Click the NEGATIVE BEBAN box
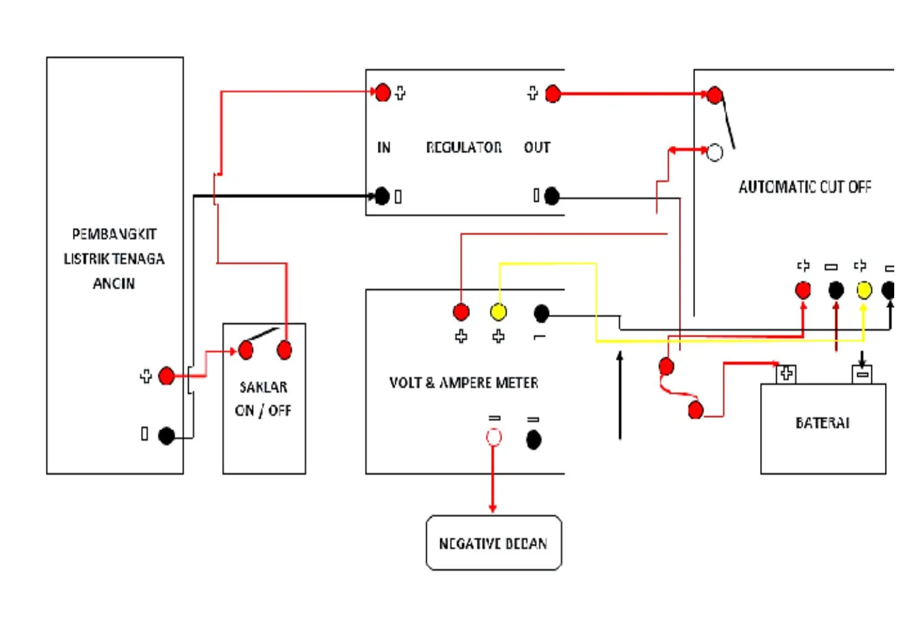click(x=493, y=543)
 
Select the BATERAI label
click(x=822, y=423)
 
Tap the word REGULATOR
click(x=464, y=147)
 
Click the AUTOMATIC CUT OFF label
click(x=805, y=187)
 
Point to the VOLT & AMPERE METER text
click(x=463, y=383)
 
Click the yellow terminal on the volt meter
click(x=498, y=312)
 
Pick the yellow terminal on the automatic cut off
click(x=864, y=289)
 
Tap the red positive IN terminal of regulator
click(x=383, y=93)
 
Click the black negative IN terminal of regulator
click(x=382, y=196)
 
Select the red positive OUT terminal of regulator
click(x=553, y=94)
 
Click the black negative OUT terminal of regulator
click(x=552, y=196)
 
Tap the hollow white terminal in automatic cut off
click(x=714, y=152)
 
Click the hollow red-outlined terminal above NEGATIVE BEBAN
click(x=493, y=438)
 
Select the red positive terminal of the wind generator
click(x=166, y=375)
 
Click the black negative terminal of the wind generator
click(x=166, y=436)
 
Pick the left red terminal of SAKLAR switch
click(x=246, y=351)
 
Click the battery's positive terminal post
click(x=786, y=373)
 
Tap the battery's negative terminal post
click(x=862, y=374)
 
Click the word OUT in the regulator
click(x=537, y=147)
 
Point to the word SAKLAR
click(x=263, y=387)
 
